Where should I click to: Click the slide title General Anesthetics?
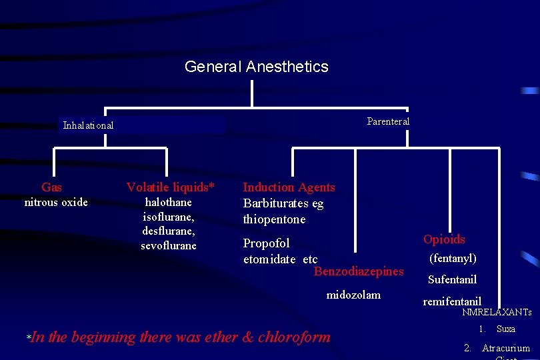tap(256, 67)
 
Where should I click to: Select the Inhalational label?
tap(88, 125)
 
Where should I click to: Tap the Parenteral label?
tap(388, 121)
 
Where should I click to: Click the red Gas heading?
tap(51, 187)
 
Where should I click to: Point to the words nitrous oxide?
tap(56, 202)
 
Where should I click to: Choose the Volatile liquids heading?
tap(171, 187)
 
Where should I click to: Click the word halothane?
tap(168, 202)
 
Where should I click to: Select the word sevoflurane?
tap(169, 246)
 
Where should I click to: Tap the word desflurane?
tap(169, 231)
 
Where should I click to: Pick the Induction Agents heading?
tap(289, 187)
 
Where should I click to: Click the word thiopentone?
tap(274, 219)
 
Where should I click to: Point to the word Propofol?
tap(266, 243)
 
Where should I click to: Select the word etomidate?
tap(269, 259)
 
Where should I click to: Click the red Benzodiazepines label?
tap(359, 271)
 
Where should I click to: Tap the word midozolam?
tap(353, 295)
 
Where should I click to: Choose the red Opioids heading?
tap(444, 239)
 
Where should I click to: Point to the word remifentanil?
tap(452, 301)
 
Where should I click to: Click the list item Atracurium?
tap(506, 348)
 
